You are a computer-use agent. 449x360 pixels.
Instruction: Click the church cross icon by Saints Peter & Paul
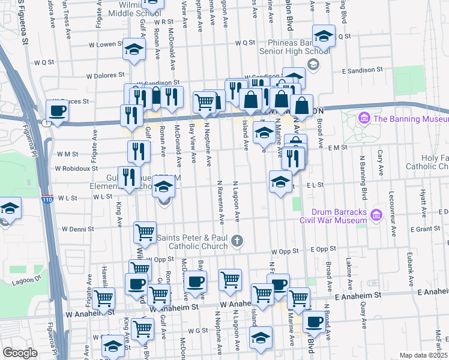point(237,241)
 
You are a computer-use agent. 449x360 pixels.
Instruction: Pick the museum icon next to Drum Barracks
point(376,214)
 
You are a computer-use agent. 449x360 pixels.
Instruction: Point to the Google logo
point(20,353)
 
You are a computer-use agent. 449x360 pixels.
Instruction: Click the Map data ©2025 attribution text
point(424,355)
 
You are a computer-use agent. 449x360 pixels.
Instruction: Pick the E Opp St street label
point(324,248)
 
